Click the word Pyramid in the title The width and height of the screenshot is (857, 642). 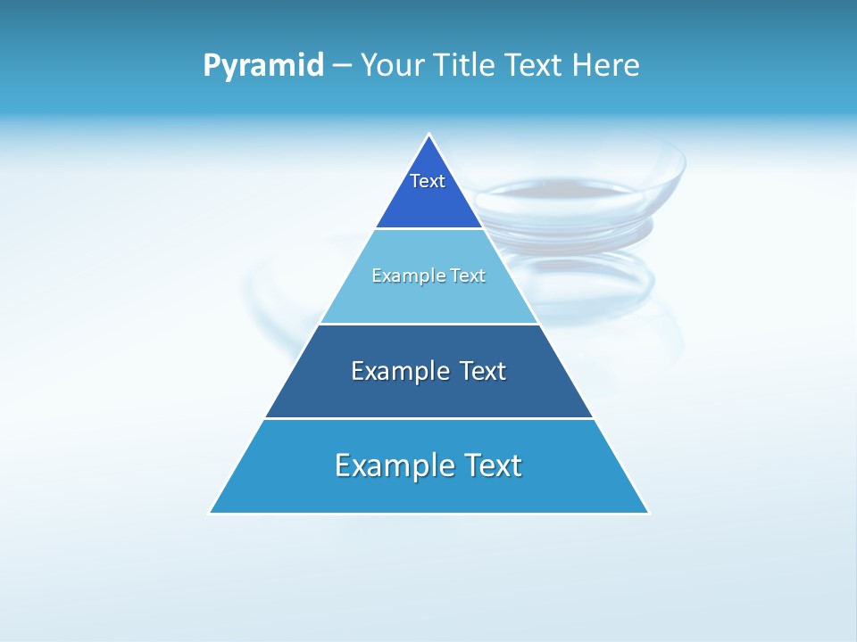pyautogui.click(x=263, y=66)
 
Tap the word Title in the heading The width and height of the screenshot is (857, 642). pyautogui.click(x=470, y=66)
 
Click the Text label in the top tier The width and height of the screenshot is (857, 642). pyautogui.click(x=428, y=181)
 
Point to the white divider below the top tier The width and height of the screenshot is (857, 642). pyautogui.click(x=429, y=229)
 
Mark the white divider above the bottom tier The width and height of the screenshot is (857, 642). pyautogui.click(x=429, y=418)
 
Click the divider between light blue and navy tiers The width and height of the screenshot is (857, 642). pyautogui.click(x=429, y=324)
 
